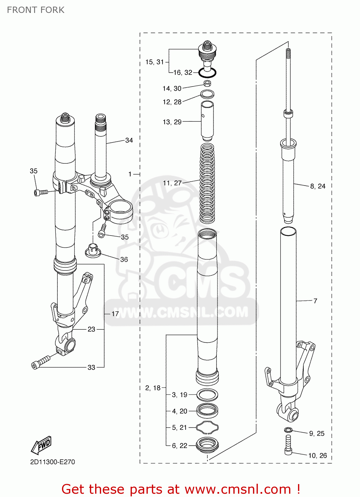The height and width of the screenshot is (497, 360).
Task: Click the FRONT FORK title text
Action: coord(35,10)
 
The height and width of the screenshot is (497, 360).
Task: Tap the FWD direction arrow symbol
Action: coord(42,445)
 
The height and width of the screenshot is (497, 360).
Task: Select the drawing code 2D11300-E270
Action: coord(52,462)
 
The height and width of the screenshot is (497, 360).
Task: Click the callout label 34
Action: coord(129,140)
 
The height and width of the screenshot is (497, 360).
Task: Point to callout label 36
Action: coord(124,259)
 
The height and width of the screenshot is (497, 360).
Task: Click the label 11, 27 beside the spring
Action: coord(172,183)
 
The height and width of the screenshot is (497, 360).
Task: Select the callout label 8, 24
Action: coord(318,186)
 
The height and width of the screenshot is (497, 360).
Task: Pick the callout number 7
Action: coord(315,301)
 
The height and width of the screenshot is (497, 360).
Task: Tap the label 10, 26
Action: coord(317,456)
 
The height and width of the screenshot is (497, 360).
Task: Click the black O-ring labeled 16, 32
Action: coord(208,72)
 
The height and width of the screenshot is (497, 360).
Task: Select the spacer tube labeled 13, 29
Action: coord(207,122)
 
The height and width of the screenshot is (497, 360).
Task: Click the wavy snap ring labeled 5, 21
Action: coord(207,427)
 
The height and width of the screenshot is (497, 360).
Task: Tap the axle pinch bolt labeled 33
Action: coord(40,362)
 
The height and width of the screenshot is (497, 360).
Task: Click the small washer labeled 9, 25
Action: coord(288,430)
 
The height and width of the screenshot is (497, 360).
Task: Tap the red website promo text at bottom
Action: coord(181,489)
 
